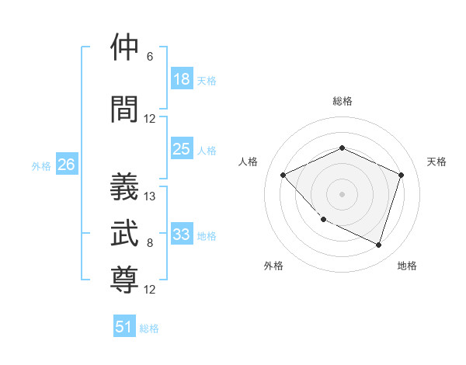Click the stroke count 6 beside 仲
pos(150,57)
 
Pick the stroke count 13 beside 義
pos(150,196)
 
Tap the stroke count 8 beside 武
pos(150,243)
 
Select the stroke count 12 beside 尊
pos(150,290)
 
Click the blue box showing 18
pos(182,79)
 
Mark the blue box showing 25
pos(182,149)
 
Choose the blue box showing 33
pos(182,235)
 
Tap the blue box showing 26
pos(67,165)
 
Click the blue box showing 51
pos(124,327)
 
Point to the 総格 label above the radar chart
pos(342,101)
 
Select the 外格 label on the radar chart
pos(273,266)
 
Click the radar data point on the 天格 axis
pos(402,175)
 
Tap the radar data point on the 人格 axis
pos(283,175)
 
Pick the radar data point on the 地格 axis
pos(378,245)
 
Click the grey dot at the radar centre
pos(342,193)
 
